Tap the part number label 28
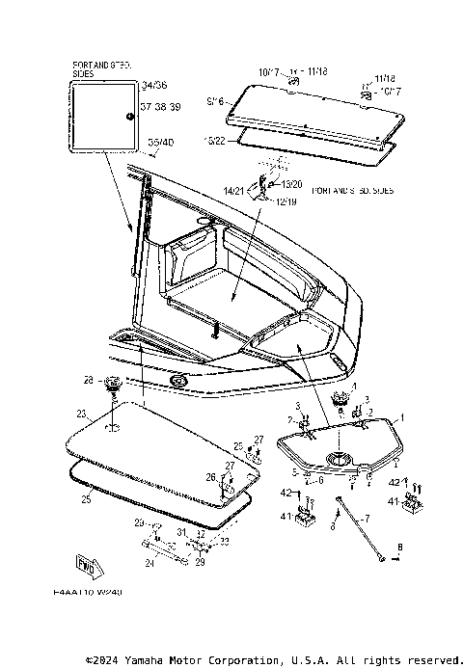(88, 380)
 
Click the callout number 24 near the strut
(150, 563)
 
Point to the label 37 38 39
(159, 106)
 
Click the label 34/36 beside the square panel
(153, 86)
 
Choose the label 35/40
(160, 143)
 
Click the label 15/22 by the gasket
(214, 141)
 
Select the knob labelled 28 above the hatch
(113, 384)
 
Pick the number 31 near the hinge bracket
(181, 532)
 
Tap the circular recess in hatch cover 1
(340, 457)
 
